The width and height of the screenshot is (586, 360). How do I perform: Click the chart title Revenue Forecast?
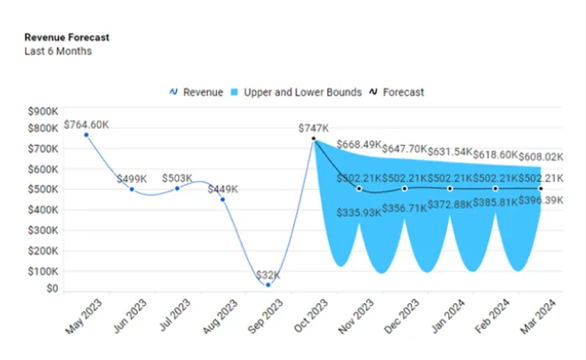(x=67, y=37)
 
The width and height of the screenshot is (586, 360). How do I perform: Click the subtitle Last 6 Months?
(x=58, y=51)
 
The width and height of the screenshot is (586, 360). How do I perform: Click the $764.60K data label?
(x=87, y=124)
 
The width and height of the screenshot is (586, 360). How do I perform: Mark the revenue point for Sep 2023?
(x=269, y=284)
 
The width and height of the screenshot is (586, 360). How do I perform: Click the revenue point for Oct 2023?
(x=314, y=138)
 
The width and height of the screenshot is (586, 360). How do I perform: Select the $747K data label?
(x=314, y=128)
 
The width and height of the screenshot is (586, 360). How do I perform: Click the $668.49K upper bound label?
(x=365, y=145)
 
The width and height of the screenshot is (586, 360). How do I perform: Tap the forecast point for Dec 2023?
(x=405, y=188)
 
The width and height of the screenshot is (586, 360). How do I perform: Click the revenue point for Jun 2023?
(x=132, y=188)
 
